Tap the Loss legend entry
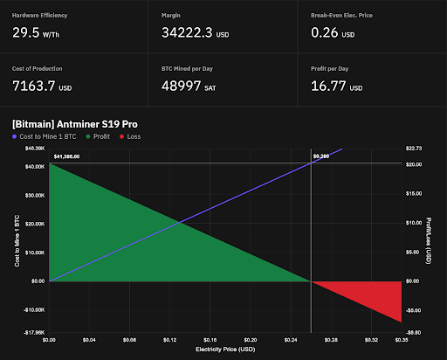(x=157, y=136)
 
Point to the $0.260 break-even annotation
(x=321, y=156)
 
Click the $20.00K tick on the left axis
(x=33, y=224)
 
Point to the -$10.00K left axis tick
(x=32, y=310)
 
